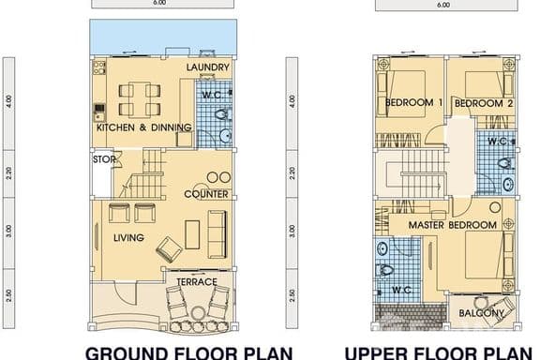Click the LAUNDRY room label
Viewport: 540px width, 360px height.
[208, 67]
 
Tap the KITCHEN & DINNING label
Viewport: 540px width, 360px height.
[144, 127]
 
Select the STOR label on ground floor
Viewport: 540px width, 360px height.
[104, 159]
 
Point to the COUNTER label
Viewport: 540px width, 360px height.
[206, 194]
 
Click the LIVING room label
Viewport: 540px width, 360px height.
[128, 238]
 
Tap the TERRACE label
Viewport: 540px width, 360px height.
[197, 282]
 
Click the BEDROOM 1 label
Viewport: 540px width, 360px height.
[413, 102]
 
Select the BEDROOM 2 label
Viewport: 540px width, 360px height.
[484, 103]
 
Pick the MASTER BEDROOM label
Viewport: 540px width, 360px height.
[453, 225]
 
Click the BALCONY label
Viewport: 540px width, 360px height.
[481, 313]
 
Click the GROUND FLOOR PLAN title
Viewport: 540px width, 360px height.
[189, 353]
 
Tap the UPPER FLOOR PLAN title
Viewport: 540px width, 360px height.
[439, 353]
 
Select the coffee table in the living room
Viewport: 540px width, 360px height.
[192, 234]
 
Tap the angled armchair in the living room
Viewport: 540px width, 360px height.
[169, 249]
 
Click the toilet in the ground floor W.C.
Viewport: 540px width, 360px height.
[223, 114]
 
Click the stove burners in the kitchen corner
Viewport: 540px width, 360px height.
[99, 67]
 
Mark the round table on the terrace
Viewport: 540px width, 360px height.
[197, 313]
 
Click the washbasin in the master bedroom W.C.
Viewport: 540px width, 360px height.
[382, 247]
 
